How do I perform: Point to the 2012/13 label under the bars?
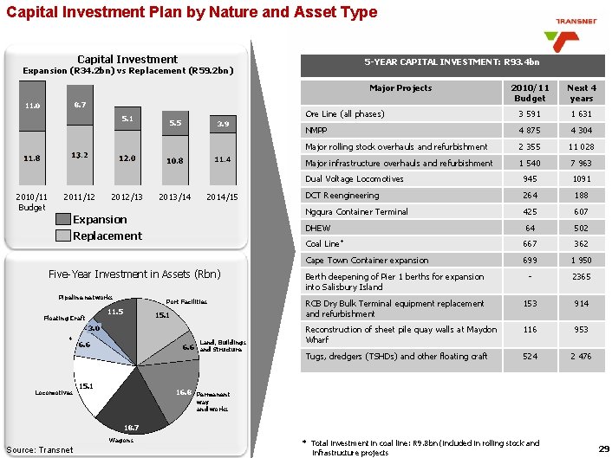(x=127, y=197)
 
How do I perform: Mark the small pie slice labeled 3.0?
(x=94, y=330)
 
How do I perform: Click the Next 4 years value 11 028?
(x=582, y=146)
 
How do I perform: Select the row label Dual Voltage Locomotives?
(x=355, y=179)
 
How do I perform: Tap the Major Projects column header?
(x=400, y=87)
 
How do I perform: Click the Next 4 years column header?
(x=582, y=93)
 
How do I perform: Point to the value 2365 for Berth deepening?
(x=582, y=276)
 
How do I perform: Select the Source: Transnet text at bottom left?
(x=40, y=449)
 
